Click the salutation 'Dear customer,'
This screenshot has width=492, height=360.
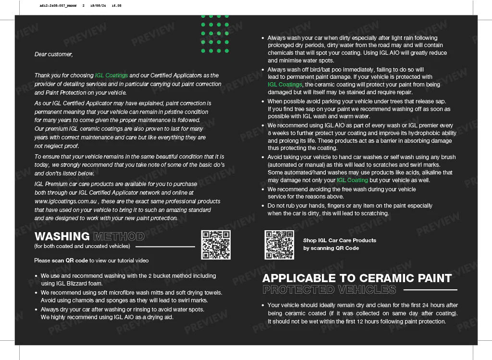pos(54,54)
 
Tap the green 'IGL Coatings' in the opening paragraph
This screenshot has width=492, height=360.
pos(111,75)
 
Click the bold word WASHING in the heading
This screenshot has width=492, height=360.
pos(62,236)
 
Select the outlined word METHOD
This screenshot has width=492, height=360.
pos(119,236)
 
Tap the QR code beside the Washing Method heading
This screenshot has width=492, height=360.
pos(216,245)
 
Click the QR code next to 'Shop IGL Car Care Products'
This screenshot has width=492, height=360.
pos(279,245)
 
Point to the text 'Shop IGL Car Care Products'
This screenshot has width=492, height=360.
pos(339,240)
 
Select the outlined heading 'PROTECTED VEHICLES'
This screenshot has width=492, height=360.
pos(329,289)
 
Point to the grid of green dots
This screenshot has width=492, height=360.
pos(215,33)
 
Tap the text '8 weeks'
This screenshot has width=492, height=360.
pos(278,133)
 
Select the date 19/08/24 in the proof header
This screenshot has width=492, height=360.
pos(98,6)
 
